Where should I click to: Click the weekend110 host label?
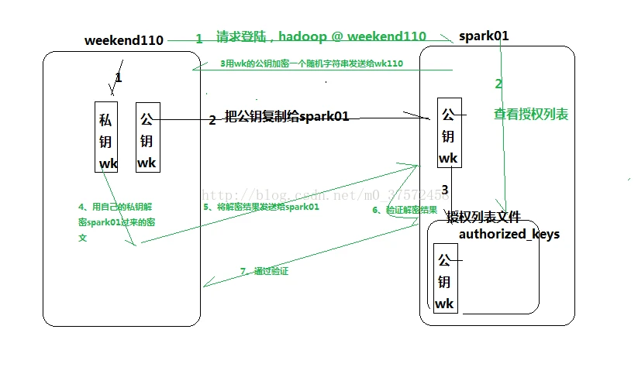coord(124,40)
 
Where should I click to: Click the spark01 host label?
coord(484,36)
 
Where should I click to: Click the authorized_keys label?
coord(509,234)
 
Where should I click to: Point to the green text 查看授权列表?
coord(531,115)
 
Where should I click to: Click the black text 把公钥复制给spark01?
coord(286,117)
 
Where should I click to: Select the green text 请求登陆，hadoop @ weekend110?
coord(321,36)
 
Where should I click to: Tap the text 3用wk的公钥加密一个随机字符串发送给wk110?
coord(312,63)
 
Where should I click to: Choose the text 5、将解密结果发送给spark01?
coord(261,208)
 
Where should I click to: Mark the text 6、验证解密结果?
coord(405,210)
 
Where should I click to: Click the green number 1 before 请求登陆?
coord(199,38)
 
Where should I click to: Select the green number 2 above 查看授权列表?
coord(498,84)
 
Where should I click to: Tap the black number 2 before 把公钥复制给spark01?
coord(212,120)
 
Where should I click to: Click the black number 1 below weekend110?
coord(119,77)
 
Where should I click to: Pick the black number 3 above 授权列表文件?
coord(445,190)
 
